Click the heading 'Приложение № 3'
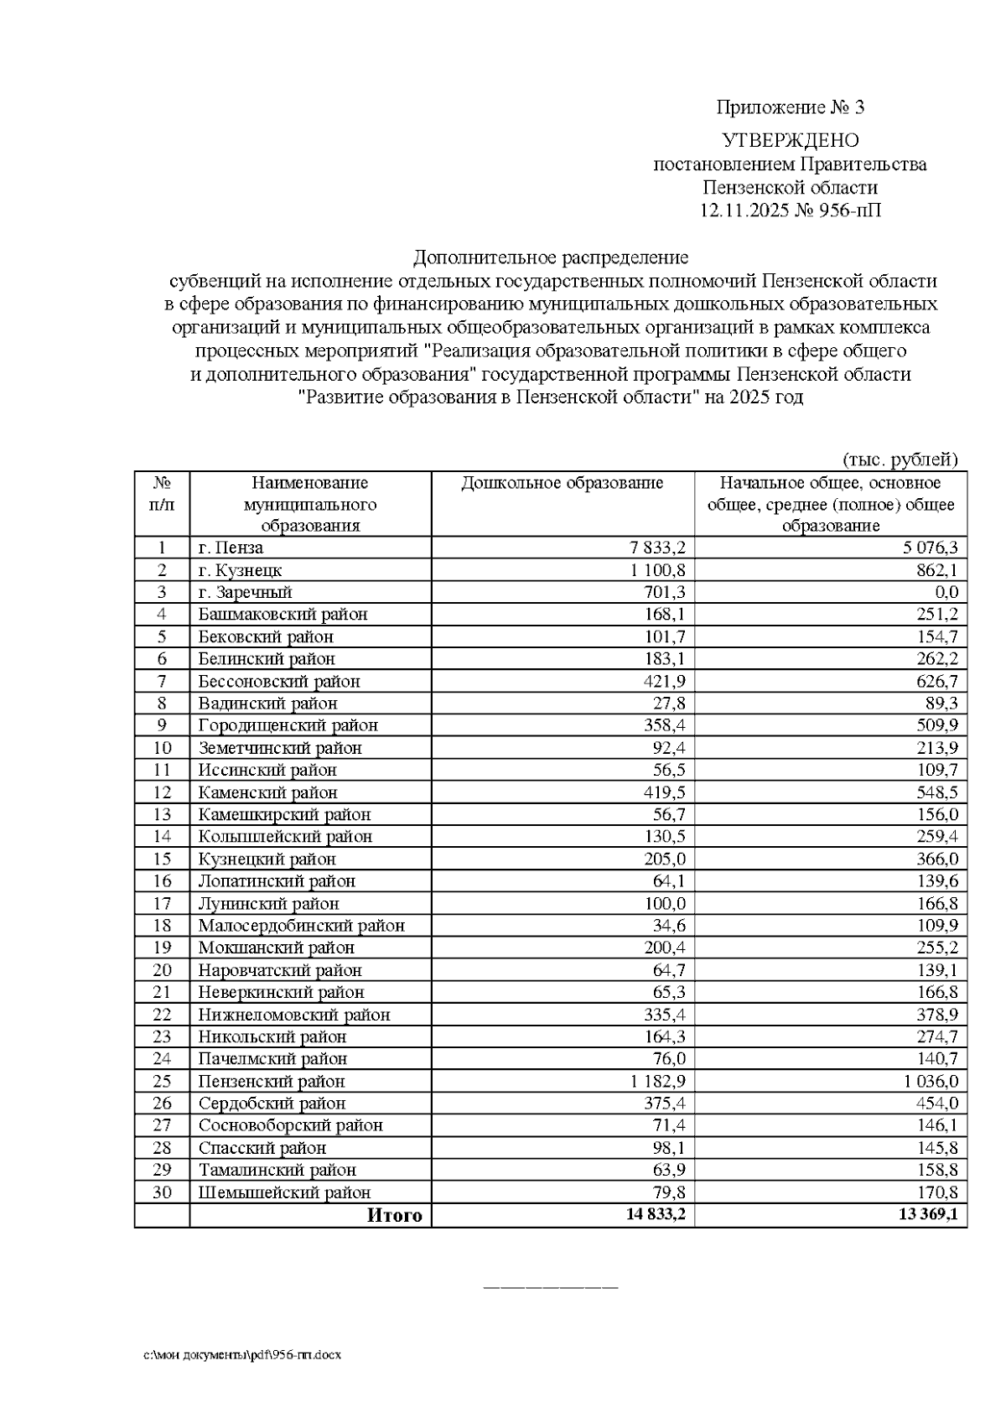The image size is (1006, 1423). click(x=790, y=107)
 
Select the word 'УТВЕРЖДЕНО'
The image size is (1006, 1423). click(x=790, y=140)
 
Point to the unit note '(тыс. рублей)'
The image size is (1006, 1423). click(x=900, y=459)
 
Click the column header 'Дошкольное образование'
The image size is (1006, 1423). click(x=563, y=483)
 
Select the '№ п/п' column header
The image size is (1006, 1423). click(x=162, y=494)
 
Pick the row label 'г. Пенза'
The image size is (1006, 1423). click(x=231, y=548)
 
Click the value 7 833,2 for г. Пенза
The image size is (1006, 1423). click(x=658, y=548)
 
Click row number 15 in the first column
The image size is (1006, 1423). click(x=162, y=860)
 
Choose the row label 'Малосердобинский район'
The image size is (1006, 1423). click(x=301, y=926)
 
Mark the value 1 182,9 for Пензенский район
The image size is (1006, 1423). click(x=658, y=1082)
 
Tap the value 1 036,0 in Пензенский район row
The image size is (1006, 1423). click(x=931, y=1082)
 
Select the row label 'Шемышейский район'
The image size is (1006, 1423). click(x=284, y=1192)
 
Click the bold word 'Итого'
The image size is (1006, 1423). click(x=395, y=1215)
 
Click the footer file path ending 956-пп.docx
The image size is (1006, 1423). click(x=241, y=1354)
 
